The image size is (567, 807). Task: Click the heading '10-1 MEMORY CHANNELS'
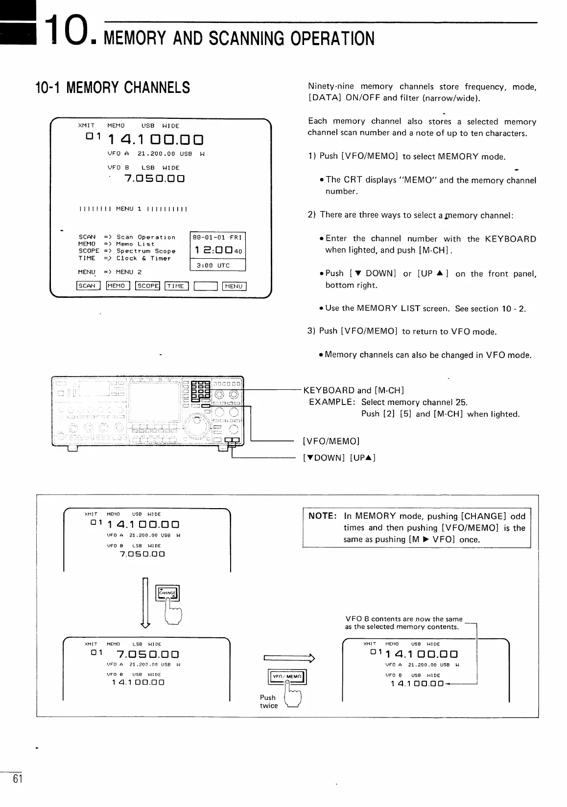tap(113, 88)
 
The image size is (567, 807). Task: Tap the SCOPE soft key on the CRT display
tap(148, 286)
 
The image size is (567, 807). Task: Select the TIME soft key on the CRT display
tap(177, 286)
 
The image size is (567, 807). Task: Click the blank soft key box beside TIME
tap(206, 286)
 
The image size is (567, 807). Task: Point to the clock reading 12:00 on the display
tap(213, 250)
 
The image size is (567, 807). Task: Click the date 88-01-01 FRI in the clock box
tap(217, 237)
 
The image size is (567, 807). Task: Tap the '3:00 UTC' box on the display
tap(217, 265)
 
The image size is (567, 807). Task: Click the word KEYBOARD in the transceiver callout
tap(329, 390)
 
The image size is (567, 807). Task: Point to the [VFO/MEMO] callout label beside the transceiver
tap(331, 441)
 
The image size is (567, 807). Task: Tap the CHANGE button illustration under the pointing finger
tap(167, 593)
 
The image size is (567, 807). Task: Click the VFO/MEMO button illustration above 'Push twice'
tap(288, 677)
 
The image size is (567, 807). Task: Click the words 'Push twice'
tap(268, 701)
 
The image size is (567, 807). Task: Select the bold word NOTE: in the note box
tap(322, 516)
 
